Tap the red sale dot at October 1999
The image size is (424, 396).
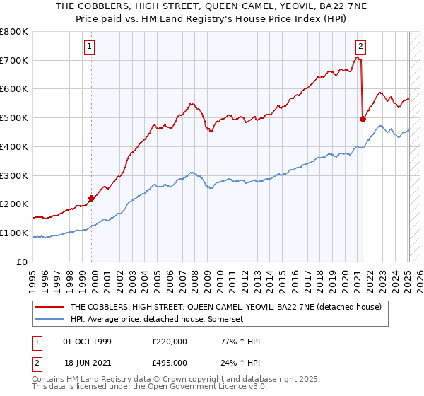tap(92, 198)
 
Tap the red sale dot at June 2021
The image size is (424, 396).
tap(363, 119)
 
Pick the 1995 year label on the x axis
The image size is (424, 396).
tap(33, 276)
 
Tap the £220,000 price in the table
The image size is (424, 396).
tap(170, 342)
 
